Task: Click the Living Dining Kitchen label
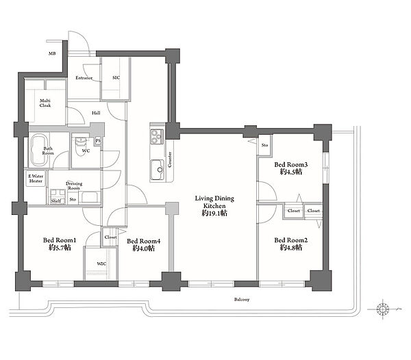(214, 202)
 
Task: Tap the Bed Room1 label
(60, 240)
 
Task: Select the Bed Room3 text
(290, 165)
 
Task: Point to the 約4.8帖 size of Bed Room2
(290, 248)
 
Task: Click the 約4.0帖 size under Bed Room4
(143, 248)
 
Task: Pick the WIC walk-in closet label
(101, 263)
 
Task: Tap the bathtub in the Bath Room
(39, 151)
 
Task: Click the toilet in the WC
(81, 145)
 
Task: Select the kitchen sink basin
(158, 170)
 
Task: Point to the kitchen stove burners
(157, 137)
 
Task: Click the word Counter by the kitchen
(170, 159)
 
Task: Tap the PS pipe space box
(98, 141)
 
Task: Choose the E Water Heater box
(36, 179)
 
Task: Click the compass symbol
(382, 309)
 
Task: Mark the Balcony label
(242, 299)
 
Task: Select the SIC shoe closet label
(116, 77)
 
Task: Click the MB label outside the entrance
(52, 53)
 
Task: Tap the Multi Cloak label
(45, 103)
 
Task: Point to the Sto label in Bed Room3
(264, 145)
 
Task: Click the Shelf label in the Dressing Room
(56, 201)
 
